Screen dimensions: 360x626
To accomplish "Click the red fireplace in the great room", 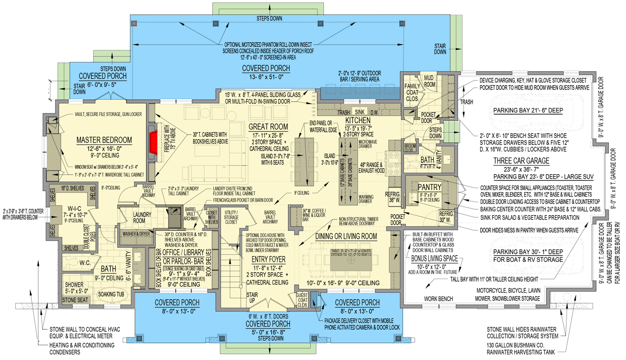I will click(x=154, y=137).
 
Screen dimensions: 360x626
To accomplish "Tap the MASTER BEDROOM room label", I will click(x=104, y=140).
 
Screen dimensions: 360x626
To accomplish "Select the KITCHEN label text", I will click(x=358, y=121).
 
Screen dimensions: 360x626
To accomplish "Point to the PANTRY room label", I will click(x=429, y=187).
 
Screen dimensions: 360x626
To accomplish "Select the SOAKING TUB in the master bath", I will click(x=113, y=294).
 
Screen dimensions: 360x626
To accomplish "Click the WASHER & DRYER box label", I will click(x=136, y=234).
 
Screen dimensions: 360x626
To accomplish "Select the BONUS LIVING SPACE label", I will click(x=434, y=258).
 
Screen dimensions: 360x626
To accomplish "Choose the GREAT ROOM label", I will click(x=268, y=127).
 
